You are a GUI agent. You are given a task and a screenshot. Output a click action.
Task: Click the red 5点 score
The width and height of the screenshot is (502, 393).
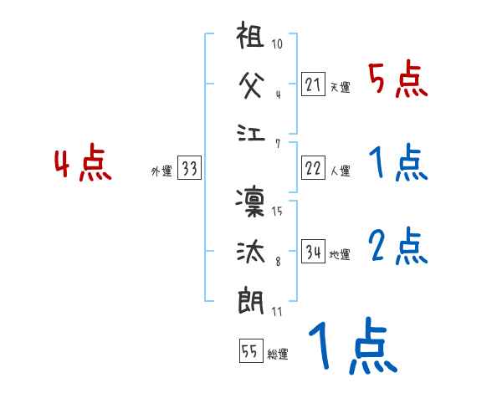pyautogui.click(x=398, y=80)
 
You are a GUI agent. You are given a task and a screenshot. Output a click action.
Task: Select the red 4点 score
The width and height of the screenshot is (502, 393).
pyautogui.click(x=83, y=164)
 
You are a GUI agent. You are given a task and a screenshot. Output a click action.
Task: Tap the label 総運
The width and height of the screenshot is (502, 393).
pyautogui.click(x=277, y=355)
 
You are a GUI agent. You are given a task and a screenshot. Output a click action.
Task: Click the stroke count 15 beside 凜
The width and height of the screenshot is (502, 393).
pyautogui.click(x=277, y=212)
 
